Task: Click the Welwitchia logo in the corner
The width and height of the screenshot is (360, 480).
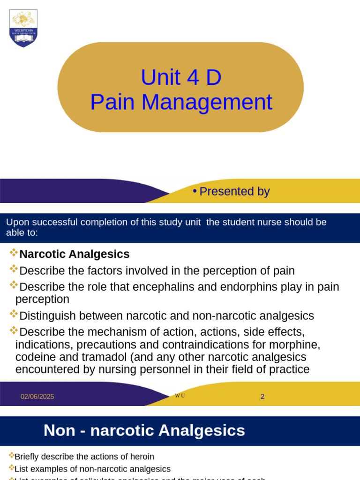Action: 23,28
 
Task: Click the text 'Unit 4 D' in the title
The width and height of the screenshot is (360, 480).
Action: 181,77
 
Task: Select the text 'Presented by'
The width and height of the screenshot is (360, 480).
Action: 234,191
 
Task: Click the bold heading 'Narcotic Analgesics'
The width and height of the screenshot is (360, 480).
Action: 74,254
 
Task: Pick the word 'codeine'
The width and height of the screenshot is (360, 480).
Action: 35,357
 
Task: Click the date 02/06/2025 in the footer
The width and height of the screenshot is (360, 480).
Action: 37,397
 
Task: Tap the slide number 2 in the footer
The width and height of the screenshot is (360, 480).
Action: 262,397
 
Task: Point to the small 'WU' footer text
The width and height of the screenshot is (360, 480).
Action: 180,396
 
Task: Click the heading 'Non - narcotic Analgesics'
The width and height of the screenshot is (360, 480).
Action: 144,430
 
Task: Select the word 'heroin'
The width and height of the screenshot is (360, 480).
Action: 142,457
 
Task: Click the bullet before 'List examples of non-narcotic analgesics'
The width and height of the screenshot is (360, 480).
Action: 11,468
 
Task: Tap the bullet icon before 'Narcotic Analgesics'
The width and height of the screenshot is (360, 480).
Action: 14,253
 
